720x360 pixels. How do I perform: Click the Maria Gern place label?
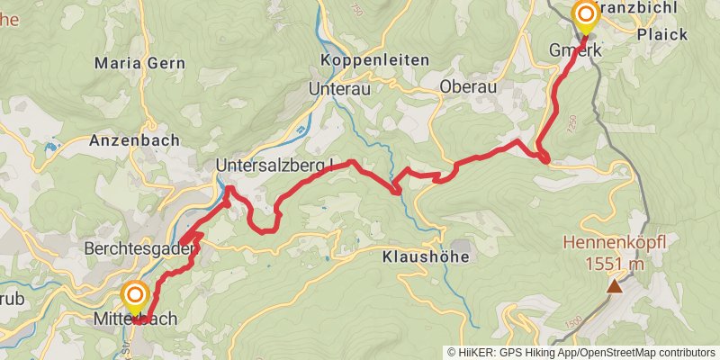pos(139,63)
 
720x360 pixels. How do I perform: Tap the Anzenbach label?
pos(134,140)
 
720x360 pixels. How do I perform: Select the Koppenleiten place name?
pos(374,59)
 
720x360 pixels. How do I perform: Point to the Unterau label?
pos(339,89)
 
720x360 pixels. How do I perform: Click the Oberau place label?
pos(469,86)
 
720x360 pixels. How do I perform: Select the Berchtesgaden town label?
pos(139,247)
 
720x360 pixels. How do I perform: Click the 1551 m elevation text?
pos(615,264)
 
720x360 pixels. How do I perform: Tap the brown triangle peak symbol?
pos(615,286)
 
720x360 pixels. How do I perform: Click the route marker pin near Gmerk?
pos(586,14)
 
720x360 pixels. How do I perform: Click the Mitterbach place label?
pos(135,319)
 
